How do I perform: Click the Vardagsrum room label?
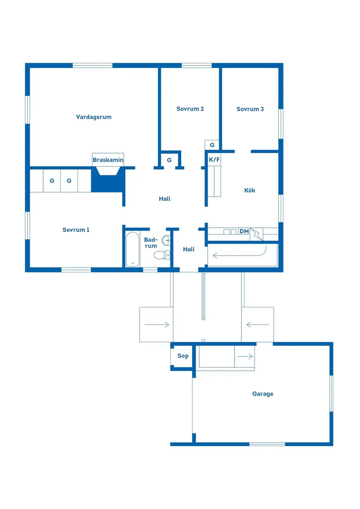pos(94,117)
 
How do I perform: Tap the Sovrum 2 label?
pos(190,109)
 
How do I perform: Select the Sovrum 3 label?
pos(250,109)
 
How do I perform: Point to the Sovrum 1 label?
pos(76,230)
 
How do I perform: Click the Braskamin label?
pos(108,160)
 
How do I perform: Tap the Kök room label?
pos(250,190)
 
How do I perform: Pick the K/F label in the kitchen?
pos(214,160)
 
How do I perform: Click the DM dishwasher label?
pos(244,231)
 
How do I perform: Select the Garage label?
pos(263,394)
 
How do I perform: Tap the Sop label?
pos(183,356)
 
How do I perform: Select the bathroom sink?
pos(166,240)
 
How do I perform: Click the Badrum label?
pos(151,243)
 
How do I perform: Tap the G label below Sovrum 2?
pos(169,160)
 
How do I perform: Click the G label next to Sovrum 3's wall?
pos(212,145)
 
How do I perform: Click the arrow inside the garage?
pos(245,356)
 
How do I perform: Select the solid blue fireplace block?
pos(107,182)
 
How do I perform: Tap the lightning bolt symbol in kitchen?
pos(257,235)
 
